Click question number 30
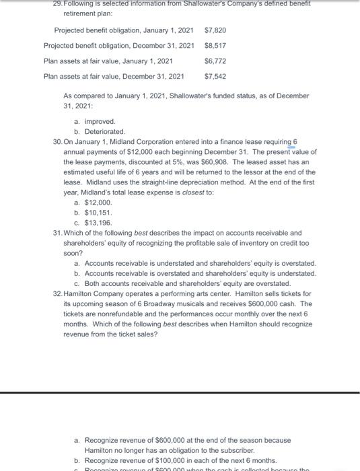click(57, 143)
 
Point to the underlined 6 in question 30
click(295, 143)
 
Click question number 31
click(57, 233)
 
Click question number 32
click(57, 294)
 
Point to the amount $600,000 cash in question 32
click(260, 304)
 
